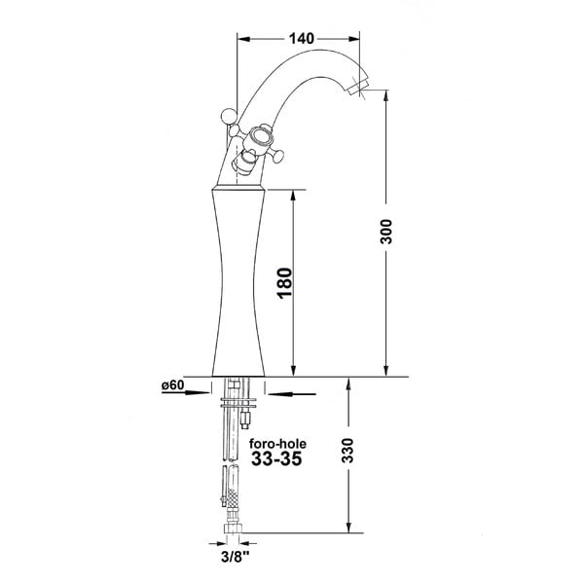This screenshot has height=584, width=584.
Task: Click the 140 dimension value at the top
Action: (x=302, y=38)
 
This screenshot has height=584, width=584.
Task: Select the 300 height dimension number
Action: (x=386, y=232)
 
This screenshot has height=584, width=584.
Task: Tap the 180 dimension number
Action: (x=285, y=282)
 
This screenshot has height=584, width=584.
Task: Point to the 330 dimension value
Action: (x=347, y=450)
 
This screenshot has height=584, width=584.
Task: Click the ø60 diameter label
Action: (x=173, y=384)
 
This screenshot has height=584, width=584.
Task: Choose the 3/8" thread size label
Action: (x=235, y=557)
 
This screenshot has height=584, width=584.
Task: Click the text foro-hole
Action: (x=277, y=444)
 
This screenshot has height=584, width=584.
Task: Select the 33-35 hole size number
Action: (x=276, y=458)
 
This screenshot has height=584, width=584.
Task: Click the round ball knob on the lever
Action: (x=229, y=116)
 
